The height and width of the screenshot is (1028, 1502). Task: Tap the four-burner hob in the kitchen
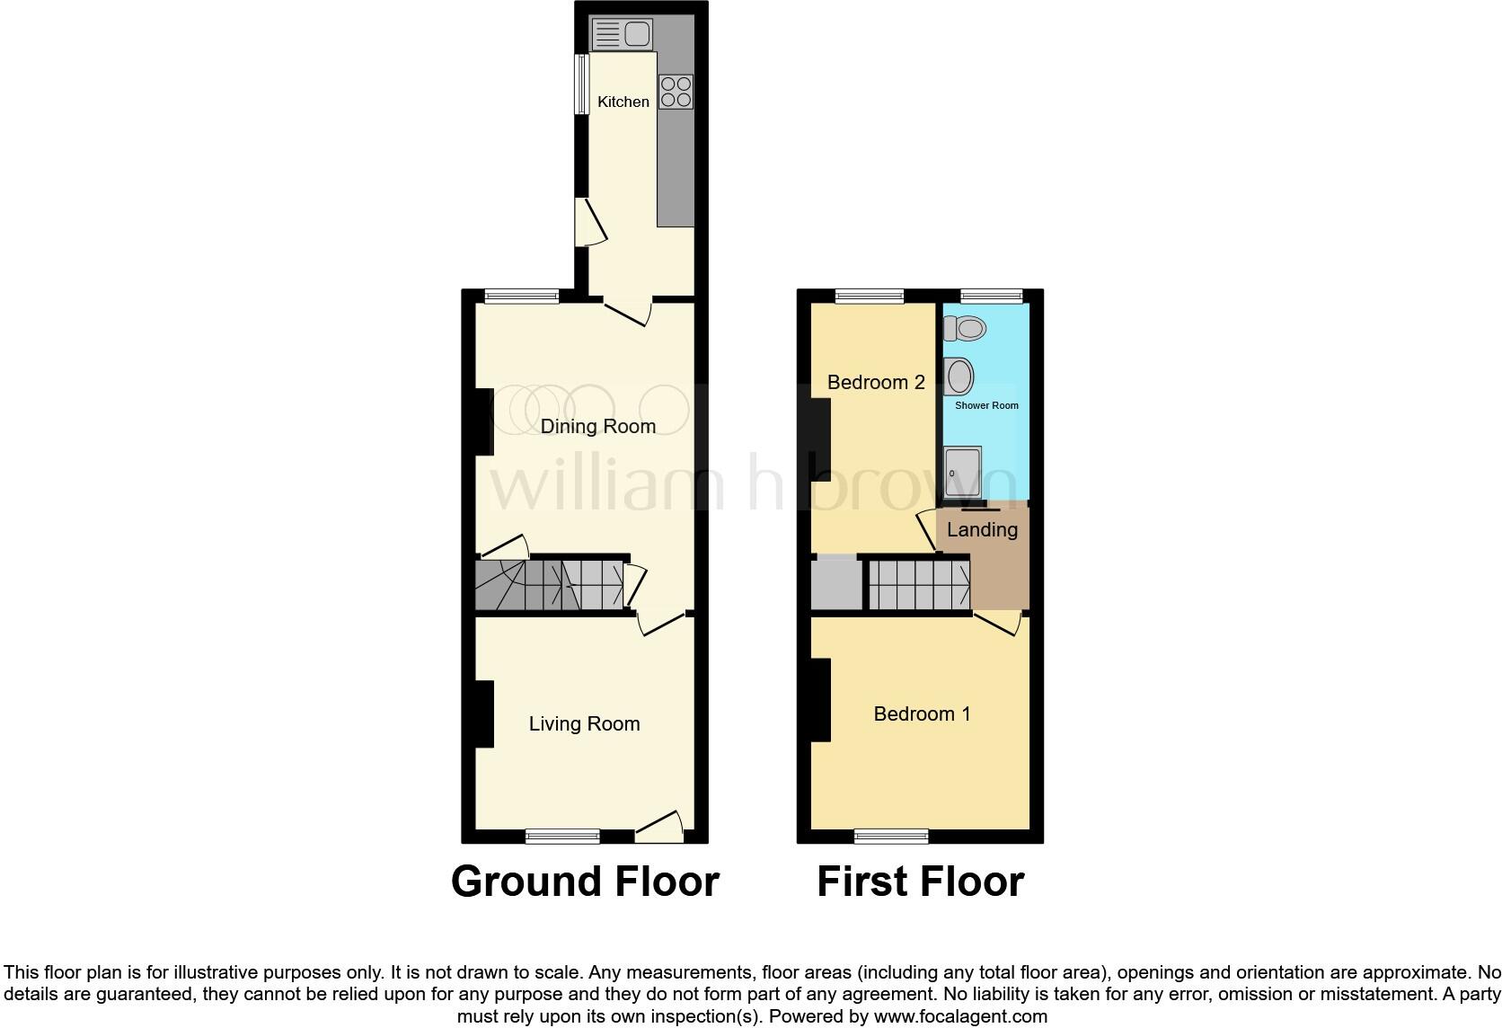[x=676, y=91]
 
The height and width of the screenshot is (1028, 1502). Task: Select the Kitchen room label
[x=623, y=102]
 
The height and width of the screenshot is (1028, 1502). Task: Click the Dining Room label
[x=597, y=427]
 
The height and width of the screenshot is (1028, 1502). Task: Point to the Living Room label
[x=584, y=724]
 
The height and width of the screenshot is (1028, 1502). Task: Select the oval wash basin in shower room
[x=959, y=377]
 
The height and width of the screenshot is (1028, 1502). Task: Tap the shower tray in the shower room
[x=962, y=469]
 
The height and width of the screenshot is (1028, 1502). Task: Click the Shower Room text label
[x=986, y=406]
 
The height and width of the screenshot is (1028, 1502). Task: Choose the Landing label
[x=982, y=530]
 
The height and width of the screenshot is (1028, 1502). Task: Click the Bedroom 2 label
[x=876, y=383]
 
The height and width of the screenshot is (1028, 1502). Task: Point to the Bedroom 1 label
[x=922, y=714]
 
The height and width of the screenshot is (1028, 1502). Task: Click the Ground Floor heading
[x=585, y=882]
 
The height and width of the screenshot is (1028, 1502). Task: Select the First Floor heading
[x=920, y=882]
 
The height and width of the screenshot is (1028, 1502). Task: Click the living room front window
[x=562, y=837]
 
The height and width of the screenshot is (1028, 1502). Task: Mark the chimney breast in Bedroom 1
[x=820, y=700]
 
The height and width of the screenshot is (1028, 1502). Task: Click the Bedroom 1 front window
[x=891, y=837]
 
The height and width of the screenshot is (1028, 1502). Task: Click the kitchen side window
[x=581, y=84]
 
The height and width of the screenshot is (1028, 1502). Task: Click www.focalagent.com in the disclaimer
[x=960, y=1017]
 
